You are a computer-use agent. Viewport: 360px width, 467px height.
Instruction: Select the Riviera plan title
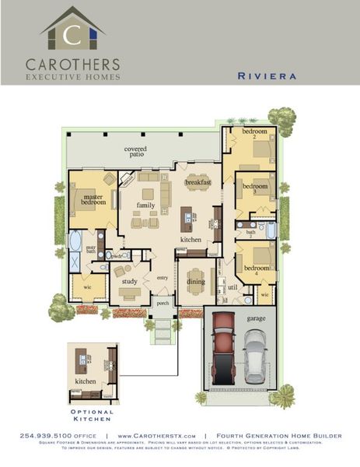264,77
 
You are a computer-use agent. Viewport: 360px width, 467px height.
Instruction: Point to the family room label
145,205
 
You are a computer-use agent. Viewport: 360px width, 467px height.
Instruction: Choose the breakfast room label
198,181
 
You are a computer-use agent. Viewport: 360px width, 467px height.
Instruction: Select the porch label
163,304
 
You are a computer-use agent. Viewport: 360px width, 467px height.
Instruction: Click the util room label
231,287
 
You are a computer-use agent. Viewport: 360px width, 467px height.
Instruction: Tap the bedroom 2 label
254,134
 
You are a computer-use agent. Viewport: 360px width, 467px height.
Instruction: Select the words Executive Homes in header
73,77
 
